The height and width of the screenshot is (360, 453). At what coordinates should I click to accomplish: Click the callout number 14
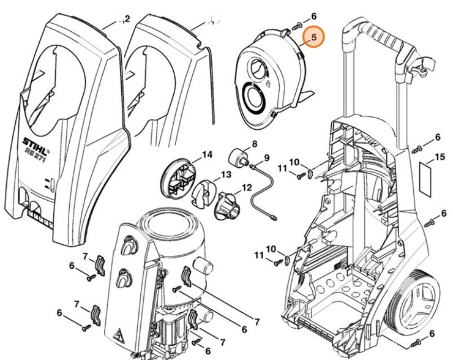click(x=207, y=155)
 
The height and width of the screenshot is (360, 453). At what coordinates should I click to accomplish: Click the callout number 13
click(x=226, y=174)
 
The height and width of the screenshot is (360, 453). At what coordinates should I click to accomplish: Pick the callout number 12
click(x=247, y=187)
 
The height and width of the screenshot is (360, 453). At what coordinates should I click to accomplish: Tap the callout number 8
click(x=255, y=144)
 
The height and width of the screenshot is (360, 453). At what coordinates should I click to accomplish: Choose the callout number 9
click(x=267, y=158)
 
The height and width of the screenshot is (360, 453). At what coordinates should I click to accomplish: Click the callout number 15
click(x=438, y=158)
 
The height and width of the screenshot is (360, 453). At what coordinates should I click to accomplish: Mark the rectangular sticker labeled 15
click(x=426, y=171)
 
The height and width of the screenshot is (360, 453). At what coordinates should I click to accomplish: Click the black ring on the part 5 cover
click(x=253, y=97)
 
